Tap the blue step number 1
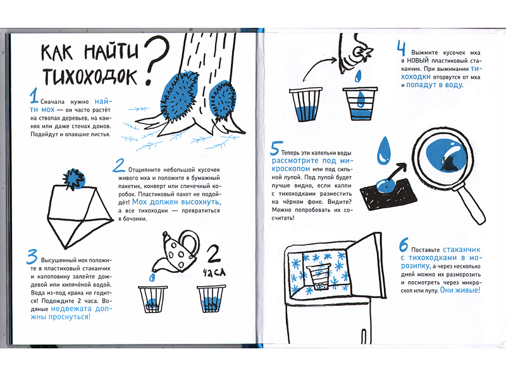click(34, 96)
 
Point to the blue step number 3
click(32, 257)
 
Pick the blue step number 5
click(276, 148)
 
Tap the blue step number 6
click(404, 245)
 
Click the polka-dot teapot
click(176, 252)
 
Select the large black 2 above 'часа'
click(214, 255)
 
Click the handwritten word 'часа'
click(214, 273)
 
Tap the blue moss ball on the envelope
click(74, 179)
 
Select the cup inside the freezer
click(319, 277)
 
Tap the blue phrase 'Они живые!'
click(460, 290)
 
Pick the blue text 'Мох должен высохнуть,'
click(176, 202)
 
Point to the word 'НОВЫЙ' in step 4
click(417, 60)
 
